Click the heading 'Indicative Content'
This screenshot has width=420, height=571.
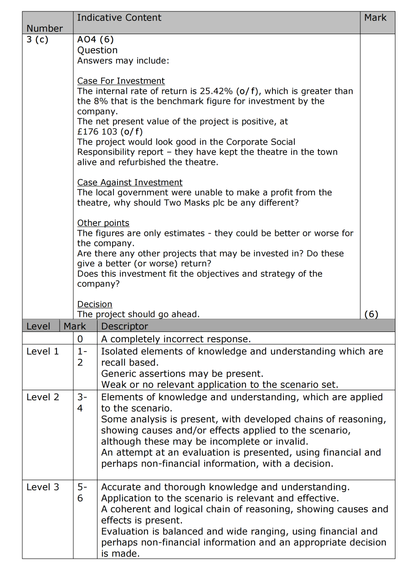pyautogui.click(x=119, y=18)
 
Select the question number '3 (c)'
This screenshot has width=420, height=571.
pyautogui.click(x=37, y=39)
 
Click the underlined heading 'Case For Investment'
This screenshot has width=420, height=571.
pyautogui.click(x=121, y=81)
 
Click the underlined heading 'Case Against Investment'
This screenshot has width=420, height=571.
pyautogui.click(x=130, y=183)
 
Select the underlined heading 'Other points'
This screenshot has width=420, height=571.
pyautogui.click(x=103, y=223)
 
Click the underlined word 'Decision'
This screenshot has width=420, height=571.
pyautogui.click(x=94, y=304)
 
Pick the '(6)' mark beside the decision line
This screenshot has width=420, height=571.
pyautogui.click(x=371, y=314)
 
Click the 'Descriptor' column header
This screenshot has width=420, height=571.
pyautogui.click(x=124, y=326)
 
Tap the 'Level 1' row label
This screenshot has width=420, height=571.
pyautogui.click(x=42, y=352)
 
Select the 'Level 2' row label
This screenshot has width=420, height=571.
pyautogui.click(x=42, y=397)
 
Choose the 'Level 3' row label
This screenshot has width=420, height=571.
pyautogui.click(x=42, y=487)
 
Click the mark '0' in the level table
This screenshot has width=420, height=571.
pyautogui.click(x=80, y=339)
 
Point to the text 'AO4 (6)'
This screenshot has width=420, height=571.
pyautogui.click(x=95, y=40)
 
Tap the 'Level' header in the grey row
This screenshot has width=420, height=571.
pyautogui.click(x=38, y=326)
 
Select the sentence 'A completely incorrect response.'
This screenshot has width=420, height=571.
pyautogui.click(x=175, y=339)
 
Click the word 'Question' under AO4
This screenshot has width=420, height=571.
pyautogui.click(x=97, y=50)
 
